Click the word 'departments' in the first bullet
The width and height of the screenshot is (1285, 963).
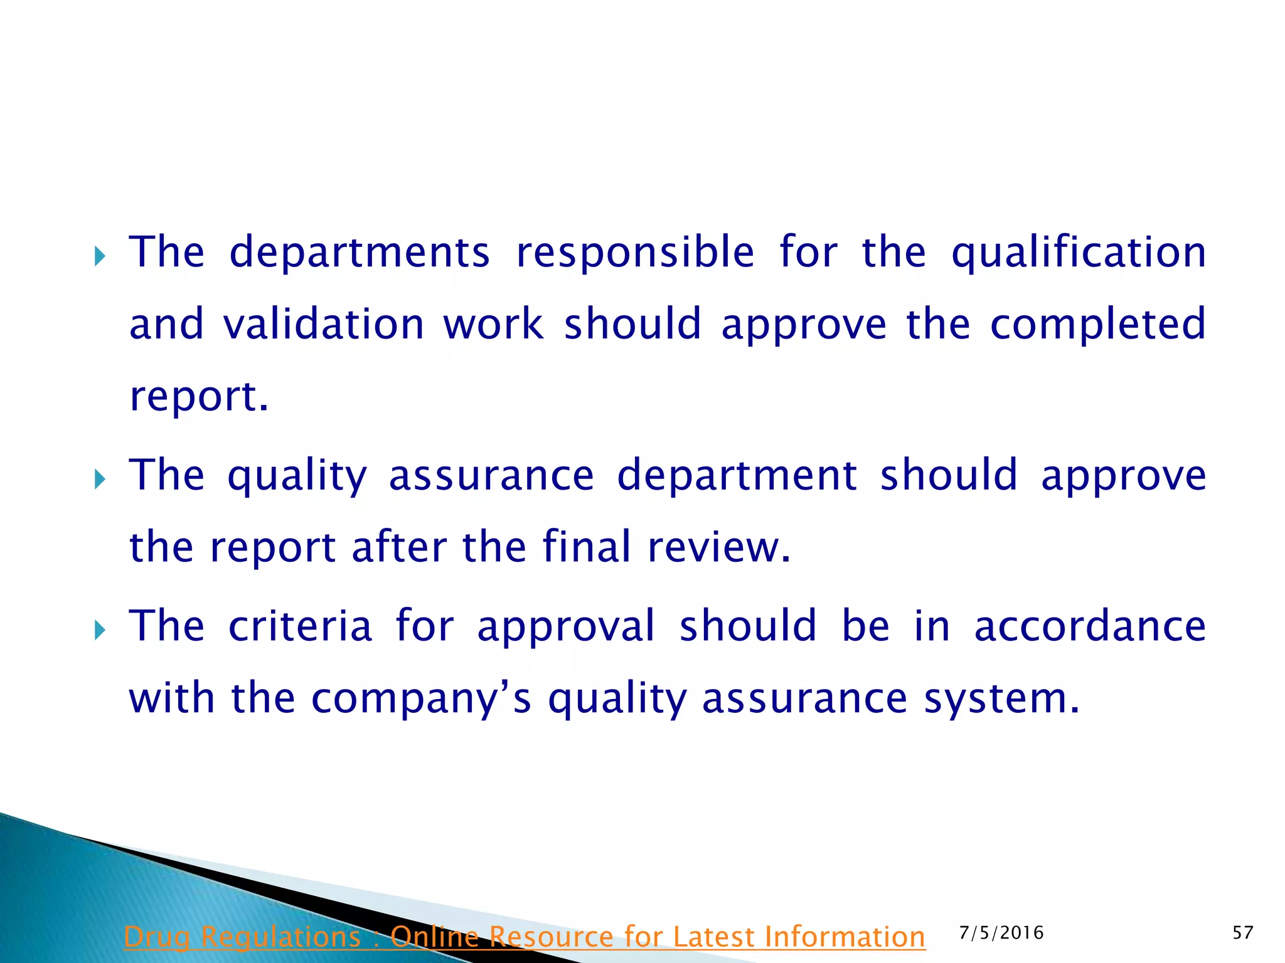(x=359, y=253)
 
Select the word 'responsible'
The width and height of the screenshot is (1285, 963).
(x=634, y=253)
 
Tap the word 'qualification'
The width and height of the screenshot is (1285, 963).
(x=1079, y=253)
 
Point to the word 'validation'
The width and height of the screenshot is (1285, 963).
(x=324, y=324)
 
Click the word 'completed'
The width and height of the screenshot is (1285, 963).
(x=1098, y=324)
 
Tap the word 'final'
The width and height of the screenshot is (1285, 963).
(x=586, y=547)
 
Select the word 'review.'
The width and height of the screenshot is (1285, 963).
(x=719, y=547)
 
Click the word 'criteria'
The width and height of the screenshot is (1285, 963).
(x=300, y=626)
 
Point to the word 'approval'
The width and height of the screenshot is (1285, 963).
(x=566, y=626)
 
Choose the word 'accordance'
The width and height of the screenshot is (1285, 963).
(x=1090, y=626)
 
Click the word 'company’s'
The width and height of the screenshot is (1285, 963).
(x=421, y=698)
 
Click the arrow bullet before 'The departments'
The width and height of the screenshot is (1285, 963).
(x=100, y=256)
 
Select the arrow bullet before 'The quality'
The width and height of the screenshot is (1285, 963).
(x=100, y=480)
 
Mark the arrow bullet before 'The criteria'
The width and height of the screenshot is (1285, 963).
(x=100, y=630)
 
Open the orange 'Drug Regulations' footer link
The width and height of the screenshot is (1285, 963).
(x=525, y=937)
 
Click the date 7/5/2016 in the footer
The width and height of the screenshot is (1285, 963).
(x=1001, y=933)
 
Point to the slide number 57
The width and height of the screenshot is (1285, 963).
(x=1243, y=933)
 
